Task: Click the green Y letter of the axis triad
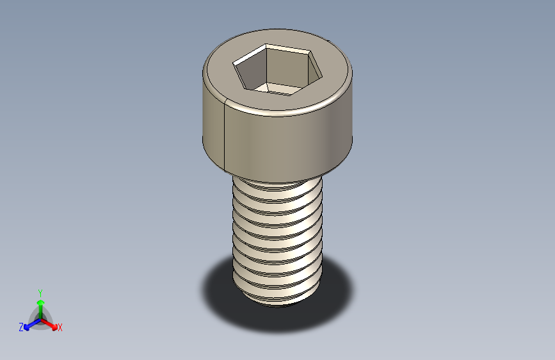pos(40,291)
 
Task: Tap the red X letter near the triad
pos(60,328)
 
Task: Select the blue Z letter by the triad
pos(21,327)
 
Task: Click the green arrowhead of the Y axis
pos(40,302)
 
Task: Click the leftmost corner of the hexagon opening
pos(234,63)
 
